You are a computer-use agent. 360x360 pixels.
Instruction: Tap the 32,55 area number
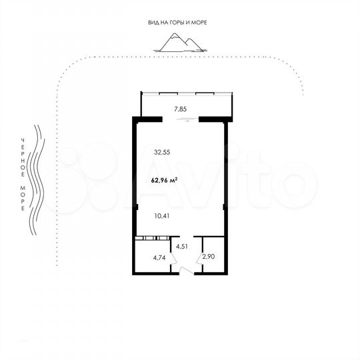[162, 151]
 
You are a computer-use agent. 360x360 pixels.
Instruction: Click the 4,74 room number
[159, 257]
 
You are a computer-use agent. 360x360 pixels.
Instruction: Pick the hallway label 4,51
[182, 245]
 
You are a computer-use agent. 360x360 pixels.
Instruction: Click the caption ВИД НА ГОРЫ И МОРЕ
[177, 23]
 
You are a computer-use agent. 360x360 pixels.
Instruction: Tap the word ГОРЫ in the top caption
[175, 23]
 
